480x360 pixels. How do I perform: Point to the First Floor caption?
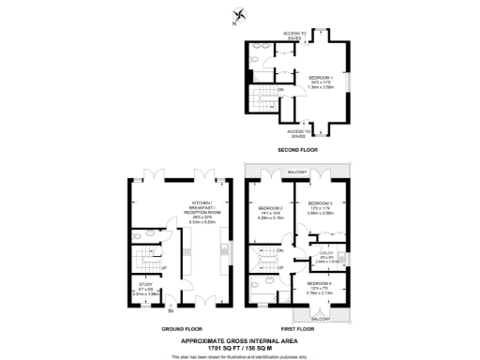click(x=295, y=329)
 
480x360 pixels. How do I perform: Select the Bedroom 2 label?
click(x=270, y=211)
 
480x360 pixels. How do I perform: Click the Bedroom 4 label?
click(x=322, y=287)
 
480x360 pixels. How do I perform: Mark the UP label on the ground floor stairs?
click(x=165, y=266)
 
